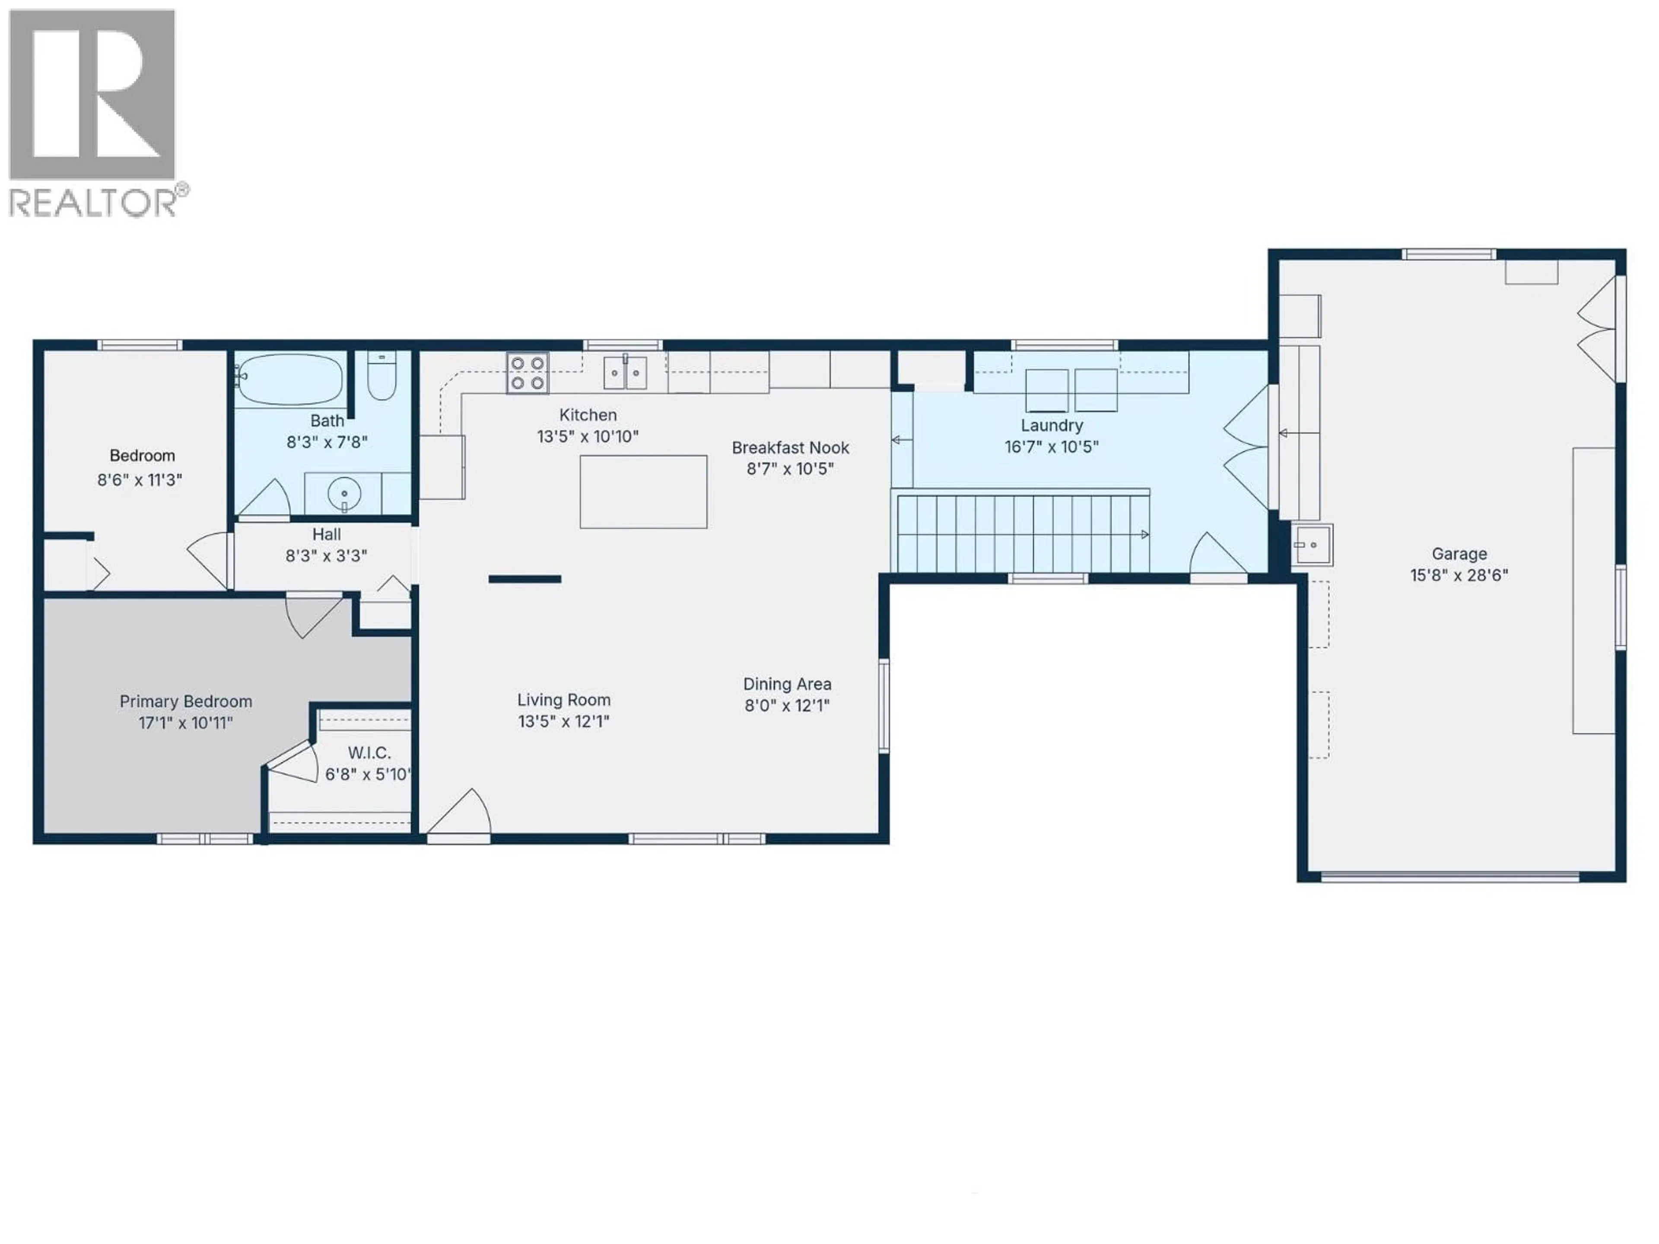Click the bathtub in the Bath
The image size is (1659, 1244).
[x=289, y=379]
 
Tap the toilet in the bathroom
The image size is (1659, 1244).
[x=382, y=377]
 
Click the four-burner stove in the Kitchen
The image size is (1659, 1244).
[x=527, y=373]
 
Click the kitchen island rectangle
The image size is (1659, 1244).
[x=643, y=492]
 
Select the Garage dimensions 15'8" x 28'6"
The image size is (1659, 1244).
[x=1458, y=575]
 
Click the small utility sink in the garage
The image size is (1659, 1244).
[x=1312, y=545]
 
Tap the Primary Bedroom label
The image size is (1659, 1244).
[x=185, y=701]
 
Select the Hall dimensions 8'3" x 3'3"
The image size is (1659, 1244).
[x=326, y=555]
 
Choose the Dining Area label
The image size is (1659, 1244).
[x=787, y=684]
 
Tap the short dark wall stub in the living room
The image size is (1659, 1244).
[x=525, y=579]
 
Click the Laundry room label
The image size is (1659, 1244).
[x=1052, y=425]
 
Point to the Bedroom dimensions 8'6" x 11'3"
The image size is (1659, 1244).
[x=140, y=480]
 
